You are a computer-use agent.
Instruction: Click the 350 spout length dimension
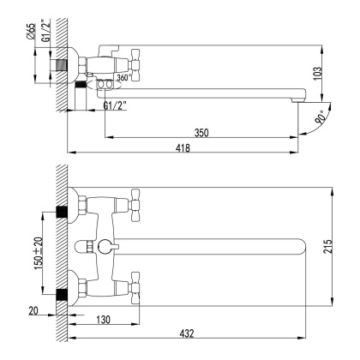coord(201,133)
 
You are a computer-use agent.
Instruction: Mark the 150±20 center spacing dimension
coord(38,252)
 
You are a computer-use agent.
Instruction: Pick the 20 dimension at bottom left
coord(34,311)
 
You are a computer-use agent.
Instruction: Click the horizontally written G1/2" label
coord(116,105)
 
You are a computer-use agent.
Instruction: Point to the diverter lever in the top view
coord(104,248)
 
